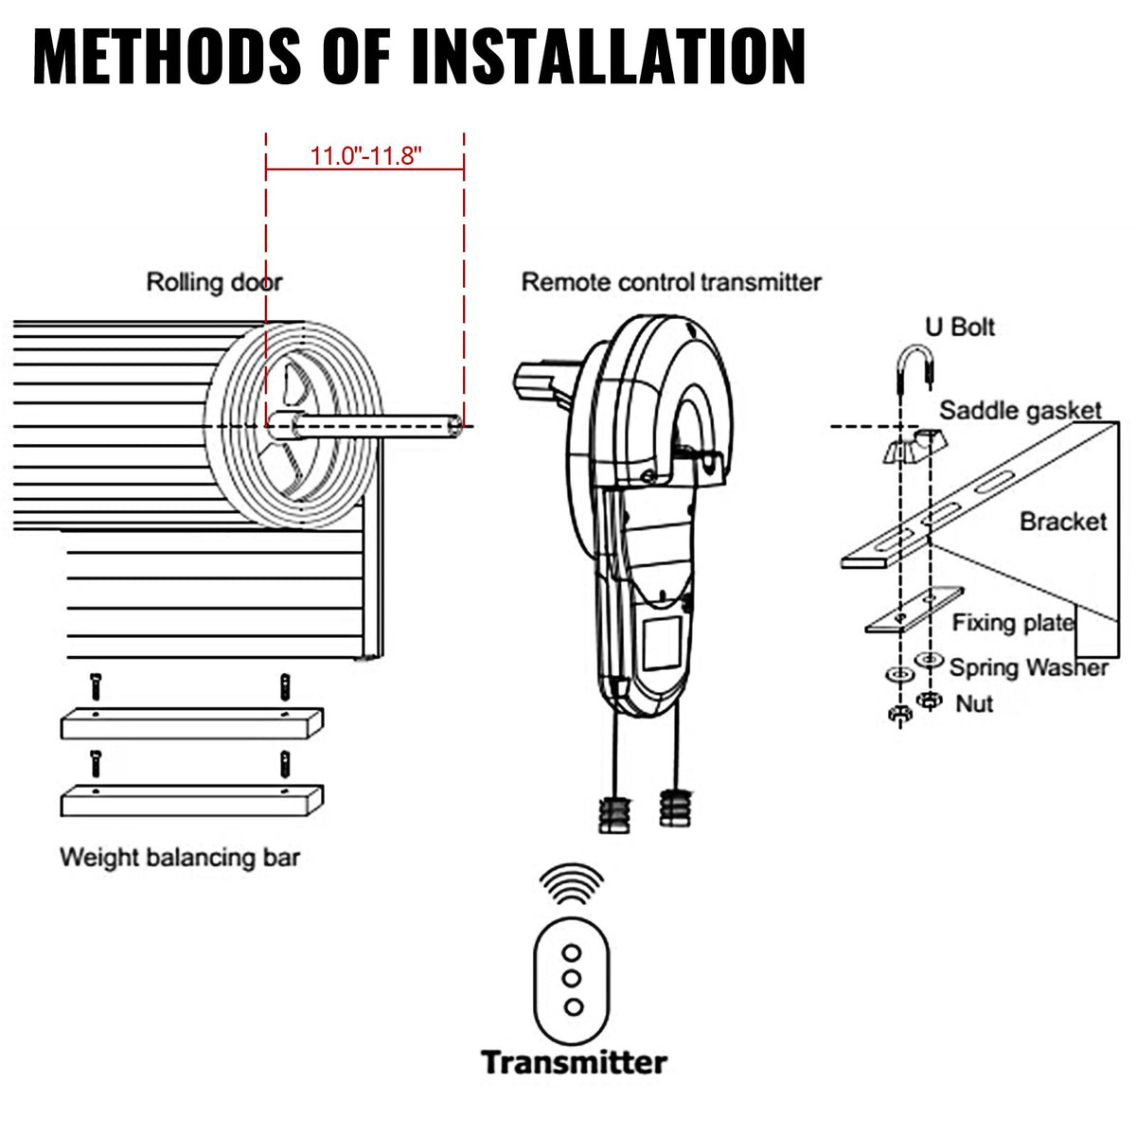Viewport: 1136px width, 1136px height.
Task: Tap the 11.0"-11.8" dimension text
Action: [x=365, y=156]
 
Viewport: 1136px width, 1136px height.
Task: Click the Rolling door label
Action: [x=214, y=282]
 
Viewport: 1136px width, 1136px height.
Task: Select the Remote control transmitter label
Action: [x=671, y=282]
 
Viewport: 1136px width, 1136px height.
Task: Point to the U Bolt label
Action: [x=960, y=328]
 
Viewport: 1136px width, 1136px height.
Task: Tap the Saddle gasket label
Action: [x=1021, y=411]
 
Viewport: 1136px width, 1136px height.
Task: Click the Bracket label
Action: [x=1062, y=522]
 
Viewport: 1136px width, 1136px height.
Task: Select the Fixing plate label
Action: [x=1013, y=623]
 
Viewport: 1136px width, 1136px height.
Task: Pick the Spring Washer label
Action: [x=1028, y=667]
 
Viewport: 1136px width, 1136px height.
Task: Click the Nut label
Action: [x=974, y=703]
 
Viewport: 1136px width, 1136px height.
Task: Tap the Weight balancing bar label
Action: [x=180, y=858]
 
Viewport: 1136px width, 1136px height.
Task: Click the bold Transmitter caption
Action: [x=574, y=1062]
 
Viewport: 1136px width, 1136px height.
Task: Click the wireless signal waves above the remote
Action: [x=571, y=884]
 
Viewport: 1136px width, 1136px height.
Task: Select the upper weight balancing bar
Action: [x=192, y=724]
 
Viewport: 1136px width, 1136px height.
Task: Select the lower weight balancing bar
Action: [x=192, y=801]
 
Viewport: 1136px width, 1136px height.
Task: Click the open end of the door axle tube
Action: [x=457, y=427]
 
